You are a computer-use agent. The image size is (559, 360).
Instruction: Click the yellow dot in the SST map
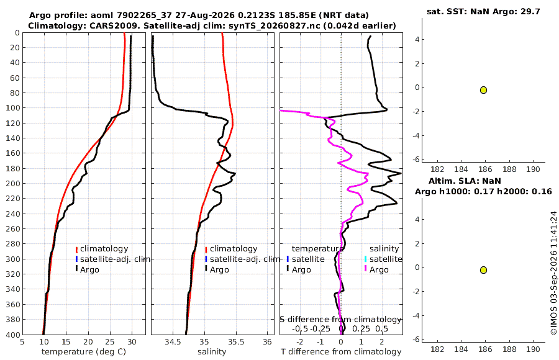[x=483, y=90]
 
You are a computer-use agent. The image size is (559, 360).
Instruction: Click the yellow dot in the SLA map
[x=483, y=270]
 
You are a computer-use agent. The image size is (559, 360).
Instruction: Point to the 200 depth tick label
[x=12, y=183]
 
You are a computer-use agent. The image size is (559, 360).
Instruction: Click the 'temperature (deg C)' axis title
[x=84, y=352]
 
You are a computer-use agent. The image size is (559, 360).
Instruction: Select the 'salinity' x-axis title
[x=212, y=352]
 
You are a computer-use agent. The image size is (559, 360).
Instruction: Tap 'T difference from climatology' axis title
[x=341, y=352]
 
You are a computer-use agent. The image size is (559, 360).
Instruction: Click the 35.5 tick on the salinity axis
[x=236, y=342]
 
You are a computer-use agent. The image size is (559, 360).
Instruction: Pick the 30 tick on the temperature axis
[x=132, y=342]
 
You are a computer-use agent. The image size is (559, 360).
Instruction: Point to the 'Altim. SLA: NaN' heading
[x=465, y=181]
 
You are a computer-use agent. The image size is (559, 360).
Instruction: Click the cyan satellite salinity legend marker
[x=365, y=259]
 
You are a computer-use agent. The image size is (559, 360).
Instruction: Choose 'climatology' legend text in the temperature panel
[x=104, y=249]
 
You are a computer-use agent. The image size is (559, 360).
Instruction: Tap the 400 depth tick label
[x=12, y=335]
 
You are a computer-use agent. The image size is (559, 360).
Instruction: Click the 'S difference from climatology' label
[x=340, y=319]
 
